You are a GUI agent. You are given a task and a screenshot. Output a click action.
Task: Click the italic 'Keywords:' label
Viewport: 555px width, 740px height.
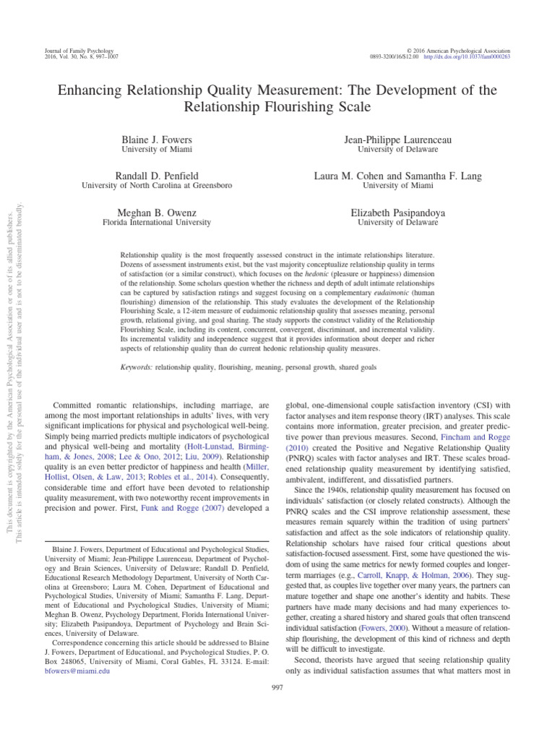point(137,367)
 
